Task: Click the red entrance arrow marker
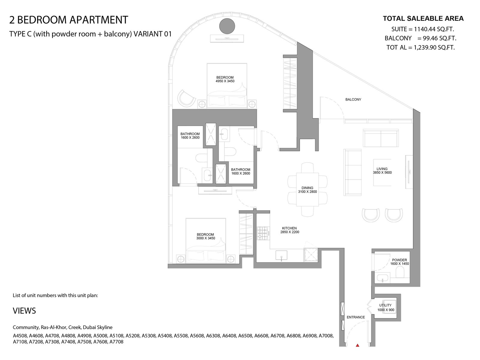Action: pos(358,345)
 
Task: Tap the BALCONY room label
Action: pos(353,100)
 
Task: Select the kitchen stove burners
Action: pos(262,233)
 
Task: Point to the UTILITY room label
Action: pos(385,305)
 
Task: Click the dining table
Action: pos(307,190)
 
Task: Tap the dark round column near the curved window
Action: pos(227,26)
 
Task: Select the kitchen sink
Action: pos(281,255)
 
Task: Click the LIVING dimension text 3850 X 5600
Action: pos(382,172)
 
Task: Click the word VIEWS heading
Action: pos(24,310)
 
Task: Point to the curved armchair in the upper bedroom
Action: pos(186,98)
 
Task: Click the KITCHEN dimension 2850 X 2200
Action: pos(290,232)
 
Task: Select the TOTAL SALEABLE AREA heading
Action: pos(423,19)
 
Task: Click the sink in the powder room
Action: pos(382,279)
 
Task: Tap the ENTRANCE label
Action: pos(356,317)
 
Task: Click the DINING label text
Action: pos(307,188)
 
